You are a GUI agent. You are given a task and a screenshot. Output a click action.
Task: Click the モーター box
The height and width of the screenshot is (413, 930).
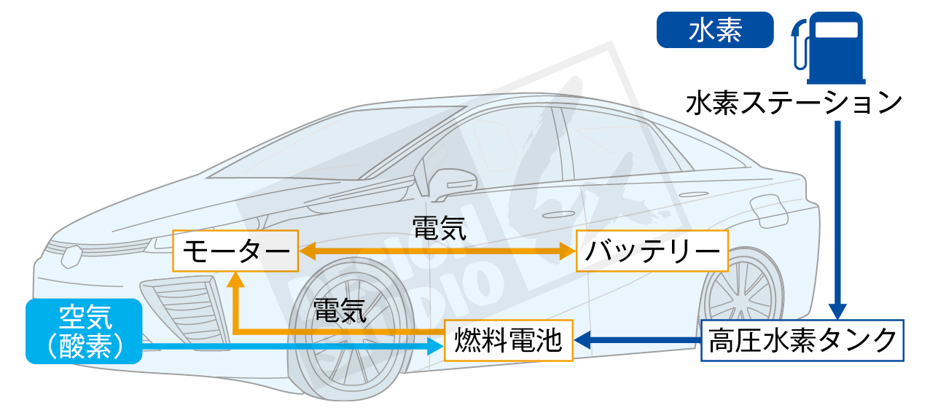click(235, 251)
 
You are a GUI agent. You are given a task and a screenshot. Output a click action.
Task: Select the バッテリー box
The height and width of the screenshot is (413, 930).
click(652, 251)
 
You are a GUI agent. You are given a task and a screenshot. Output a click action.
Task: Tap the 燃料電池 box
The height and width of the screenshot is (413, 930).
click(509, 340)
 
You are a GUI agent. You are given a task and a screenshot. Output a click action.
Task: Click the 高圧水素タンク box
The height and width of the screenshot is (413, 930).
click(802, 340)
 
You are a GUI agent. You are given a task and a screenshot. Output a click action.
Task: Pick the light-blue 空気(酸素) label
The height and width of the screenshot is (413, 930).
click(83, 331)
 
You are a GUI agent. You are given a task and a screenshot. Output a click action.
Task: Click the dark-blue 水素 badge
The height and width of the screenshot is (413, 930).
click(714, 30)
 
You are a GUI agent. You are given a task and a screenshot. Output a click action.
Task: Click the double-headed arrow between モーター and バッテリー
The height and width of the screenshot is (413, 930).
click(437, 252)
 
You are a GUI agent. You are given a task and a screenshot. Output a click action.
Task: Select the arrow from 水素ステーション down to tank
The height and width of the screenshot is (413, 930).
click(837, 219)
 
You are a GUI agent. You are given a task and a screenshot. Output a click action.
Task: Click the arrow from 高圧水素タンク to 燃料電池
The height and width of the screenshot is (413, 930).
click(638, 340)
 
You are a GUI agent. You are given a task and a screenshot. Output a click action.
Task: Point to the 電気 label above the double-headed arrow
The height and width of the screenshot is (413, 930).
click(439, 227)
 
